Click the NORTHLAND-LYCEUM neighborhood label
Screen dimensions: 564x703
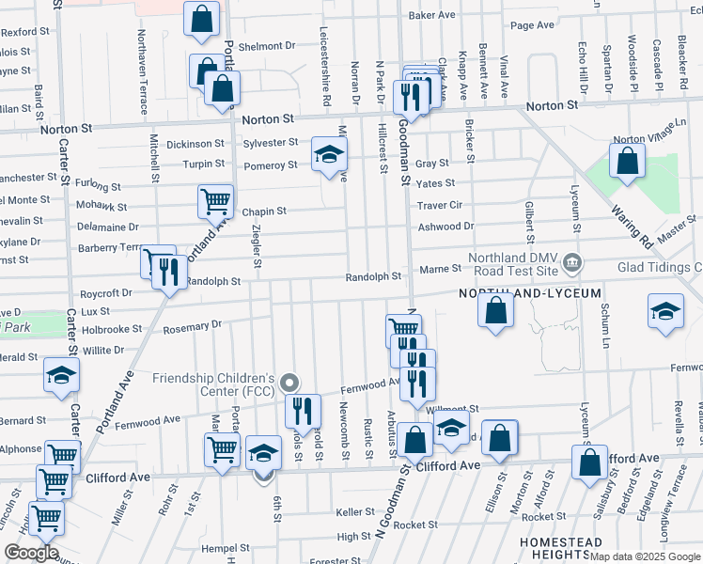[530, 294]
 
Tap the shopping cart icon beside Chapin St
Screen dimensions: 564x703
[215, 201]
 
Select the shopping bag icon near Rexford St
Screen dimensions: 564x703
[202, 19]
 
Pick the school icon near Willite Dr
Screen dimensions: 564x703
[62, 376]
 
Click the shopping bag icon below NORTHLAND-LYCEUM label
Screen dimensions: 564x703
[495, 309]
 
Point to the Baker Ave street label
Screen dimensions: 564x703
[431, 15]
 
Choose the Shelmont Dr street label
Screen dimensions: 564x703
[267, 46]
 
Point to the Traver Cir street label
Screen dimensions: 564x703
[440, 205]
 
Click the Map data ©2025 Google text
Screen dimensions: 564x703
[645, 556]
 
